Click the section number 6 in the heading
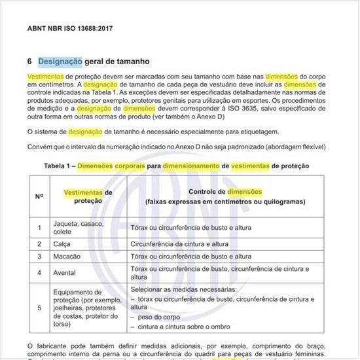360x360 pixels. [x=30, y=62]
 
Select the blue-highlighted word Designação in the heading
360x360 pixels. [x=60, y=62]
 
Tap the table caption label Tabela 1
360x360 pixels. [x=58, y=166]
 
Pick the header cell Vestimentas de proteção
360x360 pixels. [x=88, y=196]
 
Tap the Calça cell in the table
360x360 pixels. [x=62, y=243]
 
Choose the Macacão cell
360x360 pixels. [x=67, y=257]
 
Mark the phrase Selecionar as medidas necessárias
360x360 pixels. [x=183, y=289]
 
